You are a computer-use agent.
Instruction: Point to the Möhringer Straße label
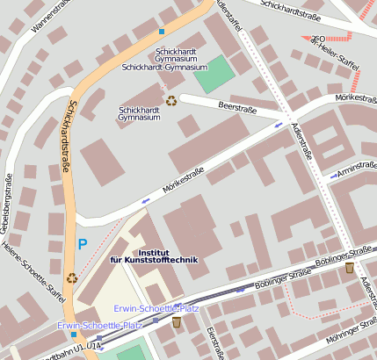click(346, 334)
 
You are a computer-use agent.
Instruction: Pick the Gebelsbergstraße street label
click(8, 207)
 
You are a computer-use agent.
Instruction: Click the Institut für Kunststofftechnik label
click(154, 256)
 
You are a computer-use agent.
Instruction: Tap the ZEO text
click(319, 39)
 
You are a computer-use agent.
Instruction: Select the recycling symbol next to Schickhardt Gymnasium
click(170, 101)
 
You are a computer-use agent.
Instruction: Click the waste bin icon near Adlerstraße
click(350, 267)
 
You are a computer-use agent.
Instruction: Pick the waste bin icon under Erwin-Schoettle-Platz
click(176, 322)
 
